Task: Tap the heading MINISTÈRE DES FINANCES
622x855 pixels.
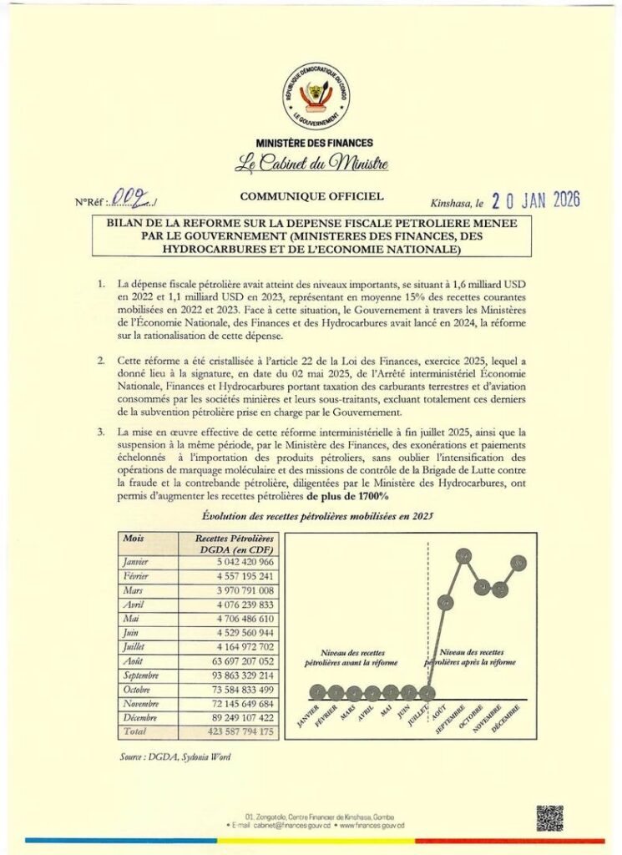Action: [315, 144]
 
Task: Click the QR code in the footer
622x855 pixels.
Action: [549, 819]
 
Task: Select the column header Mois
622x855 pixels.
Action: [134, 539]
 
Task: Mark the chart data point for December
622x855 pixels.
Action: [519, 564]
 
